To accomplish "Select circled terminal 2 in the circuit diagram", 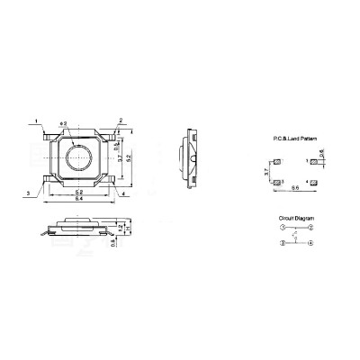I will point(310,229).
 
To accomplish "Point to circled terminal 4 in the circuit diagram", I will point(310,243).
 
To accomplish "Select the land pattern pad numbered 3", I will point(277,182).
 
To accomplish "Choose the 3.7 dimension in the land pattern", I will point(267,171).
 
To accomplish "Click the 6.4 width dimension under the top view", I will point(79,198).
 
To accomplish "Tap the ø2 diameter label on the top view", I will point(64,122).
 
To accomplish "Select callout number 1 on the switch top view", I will point(36,119).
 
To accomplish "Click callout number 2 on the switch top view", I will point(121,119).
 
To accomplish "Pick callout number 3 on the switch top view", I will point(28,193).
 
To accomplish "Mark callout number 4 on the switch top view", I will point(121,192).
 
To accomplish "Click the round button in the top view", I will point(79,160).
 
